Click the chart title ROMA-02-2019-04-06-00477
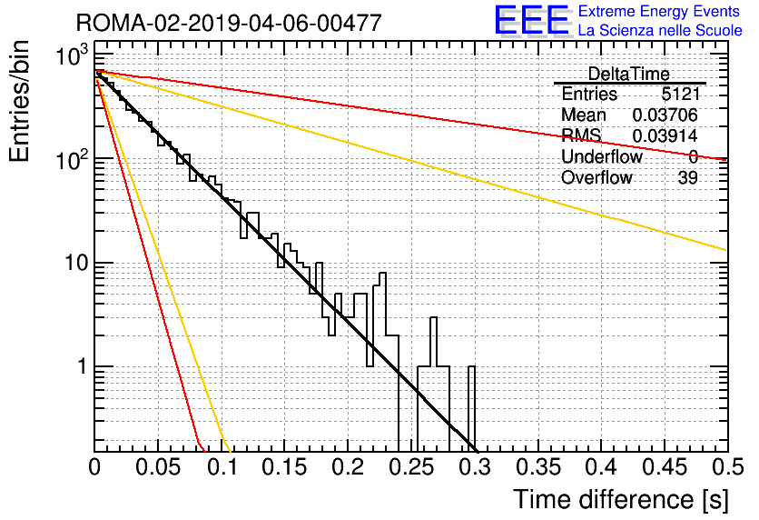pos(229,23)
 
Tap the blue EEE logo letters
pos(531,20)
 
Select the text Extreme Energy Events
pos(659,11)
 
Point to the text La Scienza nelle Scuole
pos(660,30)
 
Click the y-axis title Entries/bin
pos(19,101)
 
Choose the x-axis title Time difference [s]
pos(621,499)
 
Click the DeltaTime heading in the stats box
pos(628,74)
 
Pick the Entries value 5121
pos(680,94)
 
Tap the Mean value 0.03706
pos(665,115)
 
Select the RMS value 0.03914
pos(665,135)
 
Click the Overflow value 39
pos(688,178)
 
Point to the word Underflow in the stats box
pos(602,156)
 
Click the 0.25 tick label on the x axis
pos(411,467)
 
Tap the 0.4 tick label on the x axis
pos(601,467)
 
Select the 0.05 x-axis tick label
pos(158,467)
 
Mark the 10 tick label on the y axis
pos(75,263)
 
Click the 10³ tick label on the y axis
pos(72,55)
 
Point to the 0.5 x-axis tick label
pos(727,467)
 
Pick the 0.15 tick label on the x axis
pos(285,467)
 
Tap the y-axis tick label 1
pos(82,367)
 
